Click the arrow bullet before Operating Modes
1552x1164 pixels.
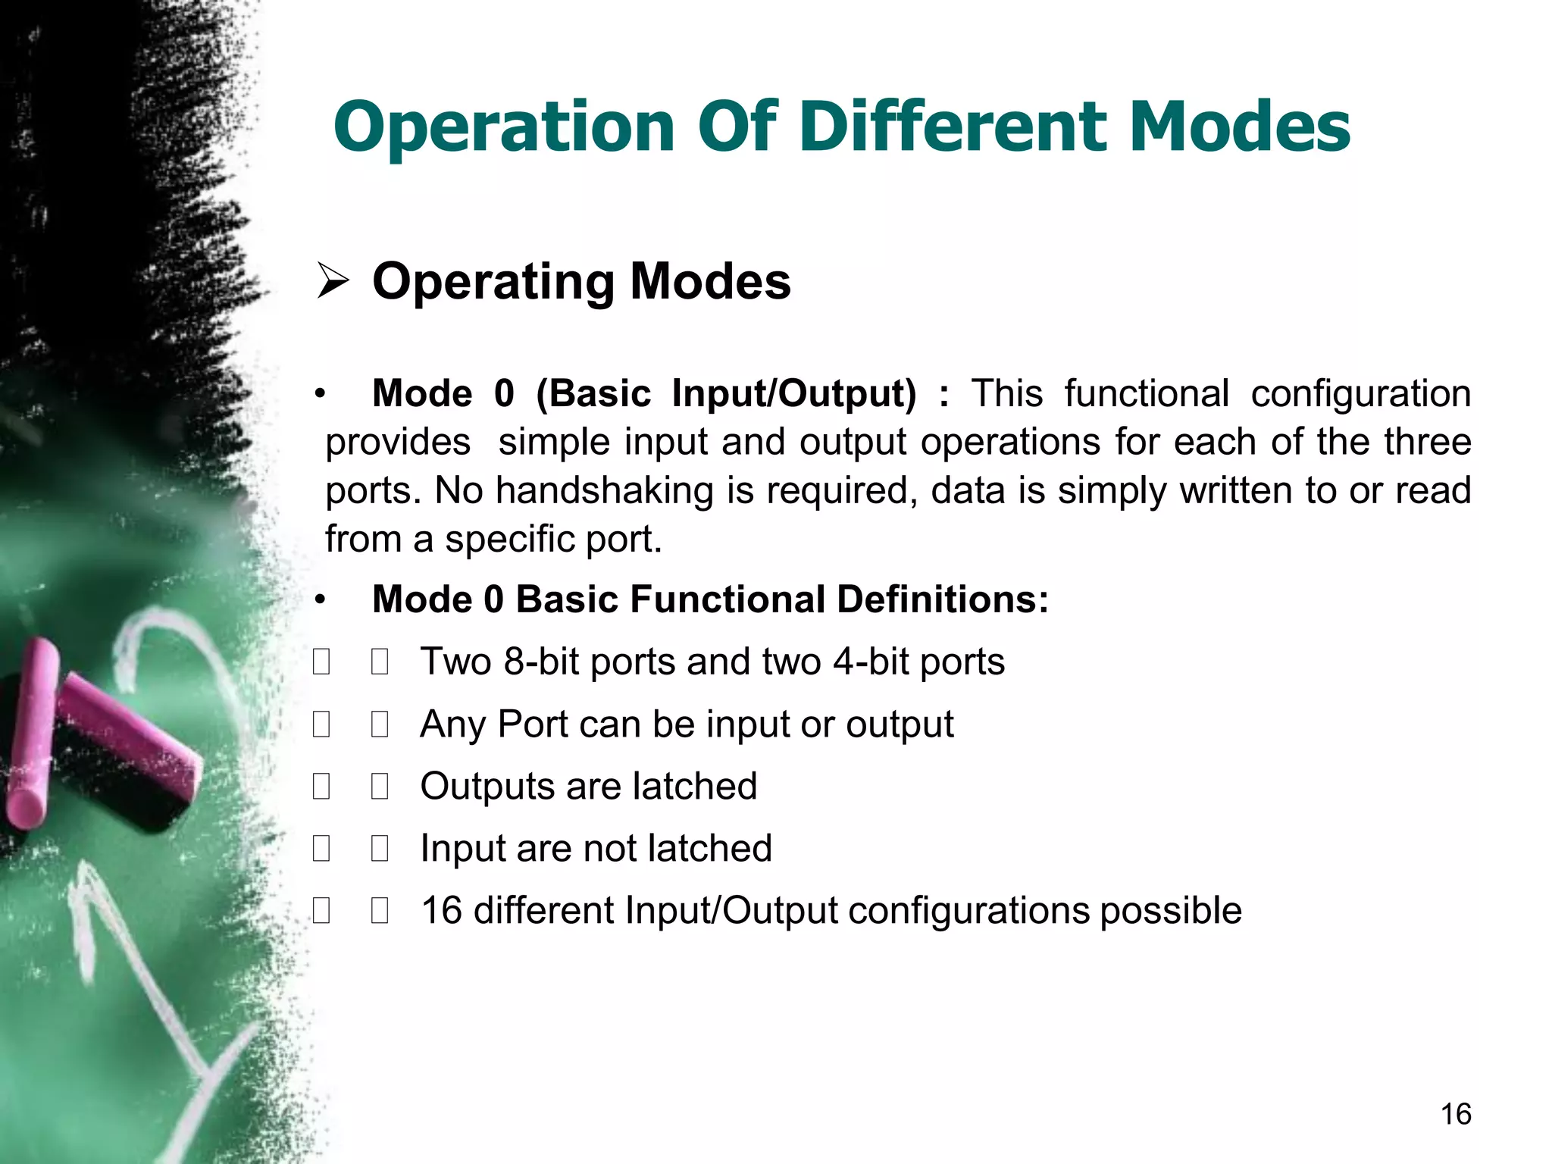(333, 281)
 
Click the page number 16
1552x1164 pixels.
(1455, 1114)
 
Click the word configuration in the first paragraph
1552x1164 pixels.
(1360, 394)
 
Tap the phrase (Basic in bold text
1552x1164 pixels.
(593, 394)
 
